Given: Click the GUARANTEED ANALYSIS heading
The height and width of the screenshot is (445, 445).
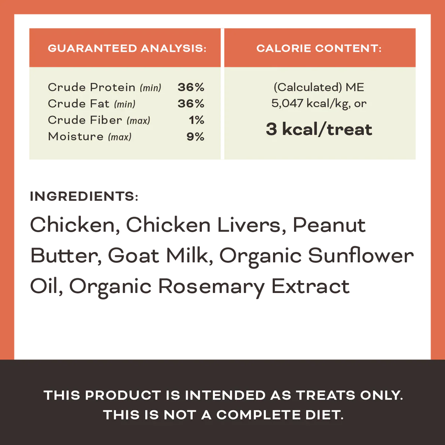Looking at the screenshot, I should point(127,48).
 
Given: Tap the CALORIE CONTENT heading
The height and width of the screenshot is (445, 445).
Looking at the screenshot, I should point(319,48).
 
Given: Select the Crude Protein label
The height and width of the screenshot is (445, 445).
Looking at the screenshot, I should point(92,87).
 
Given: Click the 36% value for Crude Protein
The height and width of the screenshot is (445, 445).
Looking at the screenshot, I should point(191,87).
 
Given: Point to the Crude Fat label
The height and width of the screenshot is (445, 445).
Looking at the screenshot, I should point(79,104).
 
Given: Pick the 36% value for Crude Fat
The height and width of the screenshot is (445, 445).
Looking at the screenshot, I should point(191,104).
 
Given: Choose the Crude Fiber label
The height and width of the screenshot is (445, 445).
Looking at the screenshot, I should point(85,120).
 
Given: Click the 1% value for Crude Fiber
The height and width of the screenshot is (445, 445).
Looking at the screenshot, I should point(196,120).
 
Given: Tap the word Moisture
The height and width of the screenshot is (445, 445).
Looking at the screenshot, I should point(76,137).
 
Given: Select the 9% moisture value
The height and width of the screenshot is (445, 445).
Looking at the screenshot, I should point(195,137).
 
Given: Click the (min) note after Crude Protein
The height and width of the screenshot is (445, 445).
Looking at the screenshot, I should point(151,88).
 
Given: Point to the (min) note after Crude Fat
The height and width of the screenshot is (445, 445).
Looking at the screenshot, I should point(125,104).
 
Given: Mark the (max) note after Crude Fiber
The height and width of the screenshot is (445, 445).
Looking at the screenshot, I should point(138,121).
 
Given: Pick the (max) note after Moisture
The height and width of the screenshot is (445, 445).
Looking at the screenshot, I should point(120,137).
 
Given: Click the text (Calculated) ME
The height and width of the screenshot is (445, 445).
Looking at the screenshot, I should point(319,87).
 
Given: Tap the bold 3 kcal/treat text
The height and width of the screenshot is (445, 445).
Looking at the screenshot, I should point(319,129).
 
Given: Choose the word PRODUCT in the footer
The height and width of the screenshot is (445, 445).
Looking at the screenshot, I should point(123,395).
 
